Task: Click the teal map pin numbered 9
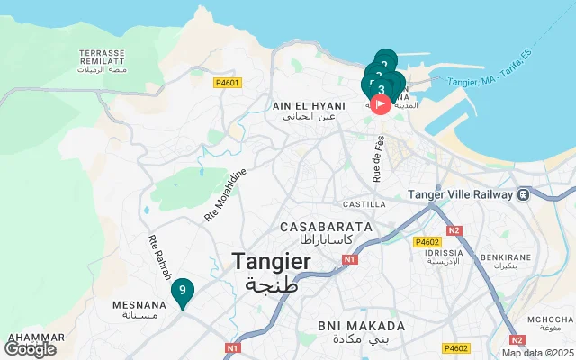tap(183, 291)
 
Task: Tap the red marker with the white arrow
tap(381, 104)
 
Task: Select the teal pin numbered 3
tap(382, 89)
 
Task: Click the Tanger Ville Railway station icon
tap(523, 194)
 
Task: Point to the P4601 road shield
tap(227, 83)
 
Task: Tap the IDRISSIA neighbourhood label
tap(436, 253)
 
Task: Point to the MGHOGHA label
tap(550, 319)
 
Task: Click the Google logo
tap(30, 348)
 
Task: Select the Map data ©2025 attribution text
tap(536, 353)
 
